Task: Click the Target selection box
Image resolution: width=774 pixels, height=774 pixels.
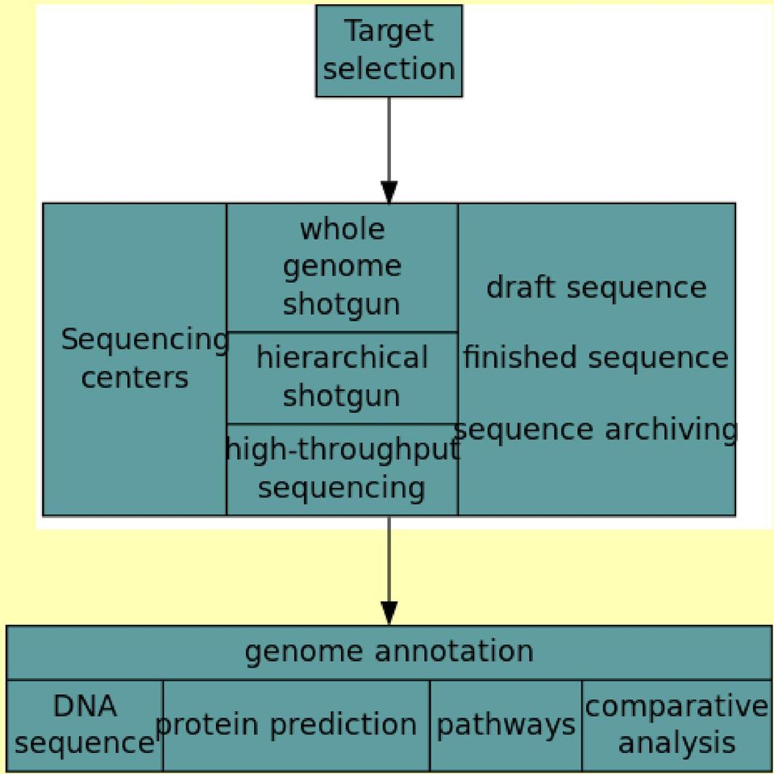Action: [x=389, y=51]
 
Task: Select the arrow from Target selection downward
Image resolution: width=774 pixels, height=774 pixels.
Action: [x=389, y=150]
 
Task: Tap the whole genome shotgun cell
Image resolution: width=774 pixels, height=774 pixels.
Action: [x=342, y=268]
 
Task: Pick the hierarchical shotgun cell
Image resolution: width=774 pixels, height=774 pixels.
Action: [x=342, y=378]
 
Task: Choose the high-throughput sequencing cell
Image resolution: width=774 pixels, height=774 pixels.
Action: [x=342, y=469]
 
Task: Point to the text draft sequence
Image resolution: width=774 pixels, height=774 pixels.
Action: [x=597, y=288]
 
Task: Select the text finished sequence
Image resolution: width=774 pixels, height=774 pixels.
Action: [x=596, y=357]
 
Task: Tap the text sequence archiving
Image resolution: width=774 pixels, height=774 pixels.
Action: [x=595, y=430]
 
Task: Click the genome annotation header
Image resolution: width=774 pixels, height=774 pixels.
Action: [x=389, y=652]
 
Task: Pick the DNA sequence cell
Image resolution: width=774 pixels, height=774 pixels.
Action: [x=85, y=725]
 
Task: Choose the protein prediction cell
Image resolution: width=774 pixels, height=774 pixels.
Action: [x=296, y=725]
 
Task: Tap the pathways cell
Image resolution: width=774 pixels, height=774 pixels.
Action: [x=506, y=725]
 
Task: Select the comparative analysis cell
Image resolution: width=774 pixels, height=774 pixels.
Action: [x=676, y=725]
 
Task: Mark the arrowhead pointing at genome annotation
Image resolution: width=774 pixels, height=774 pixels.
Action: [x=389, y=613]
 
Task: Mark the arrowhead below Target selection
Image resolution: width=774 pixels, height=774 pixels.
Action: [x=389, y=192]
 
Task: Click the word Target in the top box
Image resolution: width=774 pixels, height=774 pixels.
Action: [x=389, y=31]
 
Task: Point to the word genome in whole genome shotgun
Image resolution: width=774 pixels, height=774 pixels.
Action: [x=342, y=268]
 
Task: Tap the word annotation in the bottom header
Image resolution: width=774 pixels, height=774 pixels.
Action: [x=454, y=651]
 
